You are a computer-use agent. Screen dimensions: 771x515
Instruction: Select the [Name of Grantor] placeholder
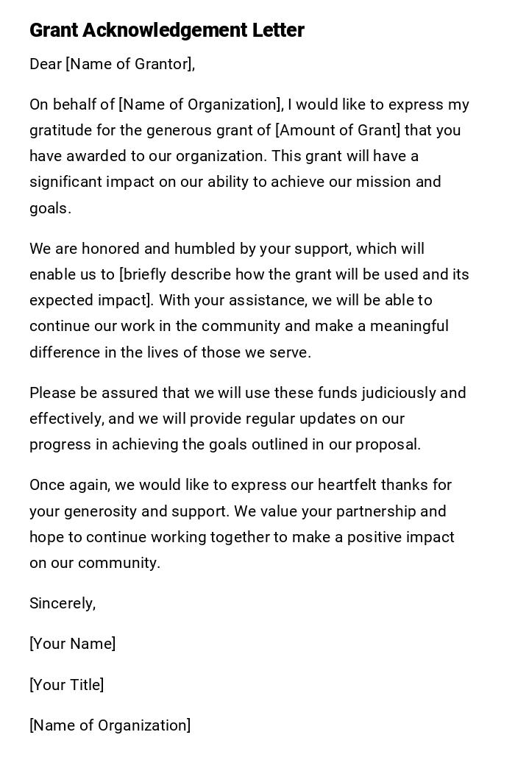click(x=130, y=65)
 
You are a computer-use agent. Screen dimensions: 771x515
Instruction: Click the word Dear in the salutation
click(x=46, y=65)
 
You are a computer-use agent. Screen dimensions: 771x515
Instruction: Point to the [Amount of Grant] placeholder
click(x=338, y=130)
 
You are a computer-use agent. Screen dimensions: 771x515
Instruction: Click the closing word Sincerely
click(x=62, y=603)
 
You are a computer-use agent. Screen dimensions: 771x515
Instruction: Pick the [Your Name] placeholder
click(x=72, y=644)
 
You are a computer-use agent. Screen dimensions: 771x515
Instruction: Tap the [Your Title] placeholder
click(x=66, y=685)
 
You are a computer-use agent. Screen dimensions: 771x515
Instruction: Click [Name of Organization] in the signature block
click(x=110, y=725)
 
